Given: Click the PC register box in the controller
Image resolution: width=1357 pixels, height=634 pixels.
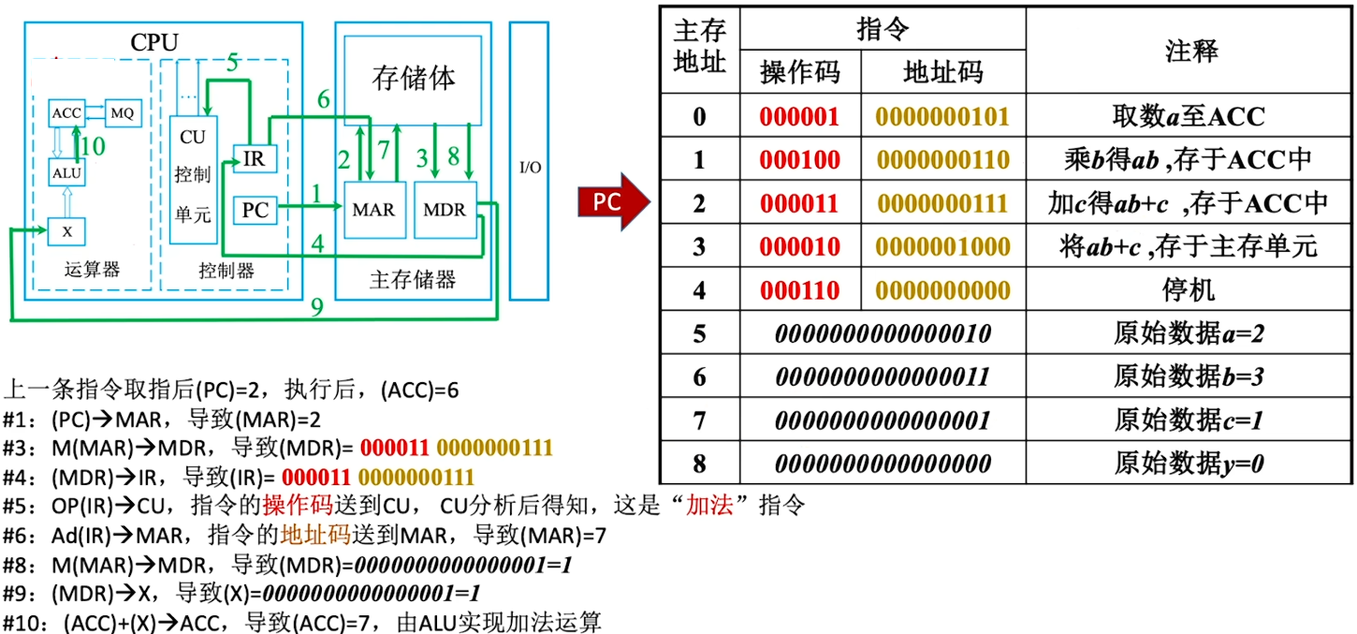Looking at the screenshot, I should (255, 210).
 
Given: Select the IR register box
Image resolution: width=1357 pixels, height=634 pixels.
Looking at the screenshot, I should (253, 159).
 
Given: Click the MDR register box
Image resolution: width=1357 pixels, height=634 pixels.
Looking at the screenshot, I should (445, 210).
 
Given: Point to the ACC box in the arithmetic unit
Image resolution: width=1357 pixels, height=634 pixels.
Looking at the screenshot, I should (66, 113).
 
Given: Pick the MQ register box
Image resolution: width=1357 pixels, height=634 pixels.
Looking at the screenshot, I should (122, 113).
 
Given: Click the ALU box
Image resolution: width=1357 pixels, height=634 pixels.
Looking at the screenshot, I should (66, 172).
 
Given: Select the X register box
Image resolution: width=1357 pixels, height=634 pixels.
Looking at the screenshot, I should (66, 231).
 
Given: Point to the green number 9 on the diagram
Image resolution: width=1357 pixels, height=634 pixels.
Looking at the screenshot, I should (316, 307).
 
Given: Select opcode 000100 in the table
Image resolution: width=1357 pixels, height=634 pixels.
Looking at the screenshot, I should (799, 160).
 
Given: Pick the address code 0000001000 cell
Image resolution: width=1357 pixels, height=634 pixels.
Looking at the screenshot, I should (942, 246).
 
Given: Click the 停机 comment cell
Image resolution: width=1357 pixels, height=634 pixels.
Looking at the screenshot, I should (1189, 289).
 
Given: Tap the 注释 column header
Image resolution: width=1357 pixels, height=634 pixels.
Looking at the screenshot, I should (1190, 51).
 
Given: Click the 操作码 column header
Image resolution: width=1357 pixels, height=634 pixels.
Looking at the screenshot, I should (799, 72).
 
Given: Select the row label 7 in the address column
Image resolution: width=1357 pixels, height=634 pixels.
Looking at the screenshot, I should (698, 420).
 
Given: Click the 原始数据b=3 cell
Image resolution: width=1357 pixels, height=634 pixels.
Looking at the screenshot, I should (1189, 376).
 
